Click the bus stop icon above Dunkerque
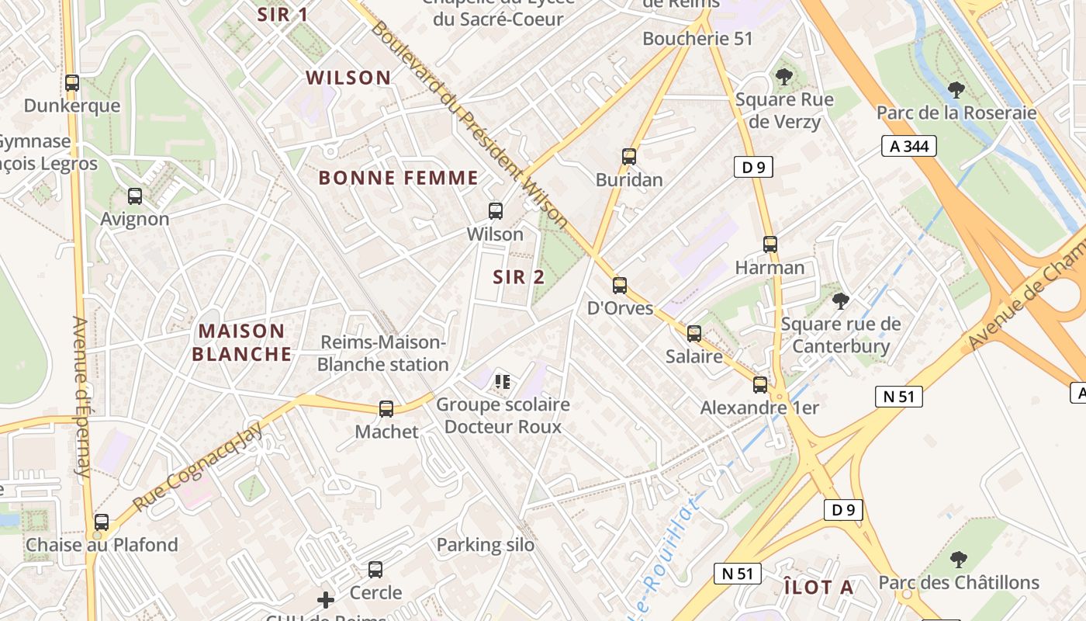(x=72, y=82)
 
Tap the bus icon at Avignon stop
(x=135, y=196)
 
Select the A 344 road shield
(x=908, y=146)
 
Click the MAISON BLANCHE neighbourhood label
(x=241, y=342)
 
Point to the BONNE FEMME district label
(x=398, y=178)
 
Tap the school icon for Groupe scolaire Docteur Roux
(x=502, y=381)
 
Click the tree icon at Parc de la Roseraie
(x=956, y=89)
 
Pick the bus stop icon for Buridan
(x=629, y=157)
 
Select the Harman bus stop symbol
(x=770, y=245)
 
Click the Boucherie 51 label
(x=697, y=38)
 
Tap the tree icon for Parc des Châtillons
(x=959, y=559)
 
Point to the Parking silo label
(x=485, y=545)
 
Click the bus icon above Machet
(x=386, y=408)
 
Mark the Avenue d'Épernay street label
(x=81, y=396)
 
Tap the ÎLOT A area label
(x=818, y=587)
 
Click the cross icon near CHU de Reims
(x=326, y=599)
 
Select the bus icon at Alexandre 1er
(x=760, y=384)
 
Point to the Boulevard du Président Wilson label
(x=469, y=124)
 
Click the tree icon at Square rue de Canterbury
(x=840, y=300)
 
